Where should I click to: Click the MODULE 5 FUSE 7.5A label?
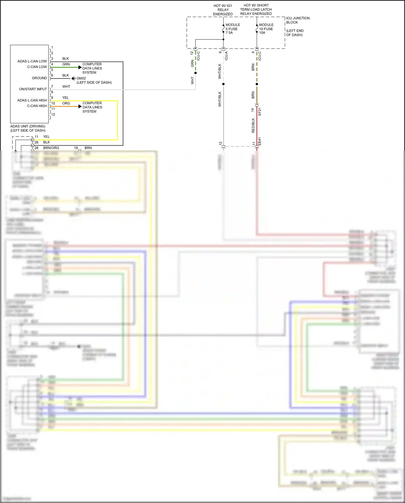[232, 29]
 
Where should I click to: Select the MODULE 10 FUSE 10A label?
[266, 29]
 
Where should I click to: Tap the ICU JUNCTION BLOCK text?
[298, 20]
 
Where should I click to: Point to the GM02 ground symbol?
[73, 78]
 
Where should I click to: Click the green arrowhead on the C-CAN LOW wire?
[80, 67]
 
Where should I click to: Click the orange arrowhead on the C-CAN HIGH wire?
[80, 106]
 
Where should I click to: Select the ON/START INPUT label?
[33, 89]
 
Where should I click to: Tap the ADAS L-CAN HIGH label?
[32, 100]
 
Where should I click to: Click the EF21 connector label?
[260, 111]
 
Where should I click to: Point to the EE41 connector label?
[260, 141]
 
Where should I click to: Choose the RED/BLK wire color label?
[253, 125]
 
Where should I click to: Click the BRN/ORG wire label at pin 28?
[51, 148]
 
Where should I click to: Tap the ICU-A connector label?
[226, 56]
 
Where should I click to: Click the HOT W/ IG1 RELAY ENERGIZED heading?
[223, 10]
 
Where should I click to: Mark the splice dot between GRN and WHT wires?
[195, 73]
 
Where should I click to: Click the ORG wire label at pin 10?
[66, 103]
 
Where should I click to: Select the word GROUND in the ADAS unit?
[39, 78]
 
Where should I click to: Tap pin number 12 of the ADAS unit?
[53, 115]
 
